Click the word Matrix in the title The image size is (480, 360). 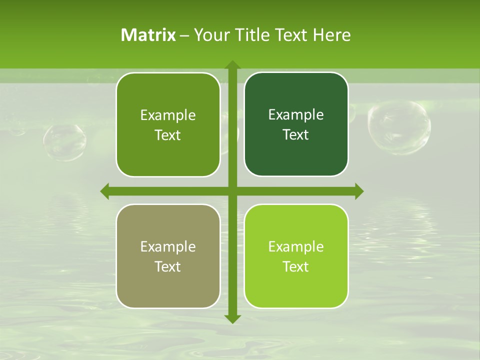point(148,35)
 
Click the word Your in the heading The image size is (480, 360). point(210,35)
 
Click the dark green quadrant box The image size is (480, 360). point(296,124)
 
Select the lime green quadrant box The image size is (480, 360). point(296,256)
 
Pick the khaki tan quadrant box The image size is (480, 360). point(168,256)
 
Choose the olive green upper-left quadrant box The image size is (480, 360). point(168,124)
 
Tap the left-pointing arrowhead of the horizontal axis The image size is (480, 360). point(105,191)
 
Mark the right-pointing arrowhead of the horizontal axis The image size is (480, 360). point(359,191)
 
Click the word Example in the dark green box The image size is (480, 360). point(296,115)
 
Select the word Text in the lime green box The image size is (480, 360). point(296,266)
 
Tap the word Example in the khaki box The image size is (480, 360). point(168,246)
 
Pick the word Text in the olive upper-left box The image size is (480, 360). point(168,135)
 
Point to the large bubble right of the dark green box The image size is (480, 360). point(399,127)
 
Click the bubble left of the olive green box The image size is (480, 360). point(64,142)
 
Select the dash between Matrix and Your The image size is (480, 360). point(184,35)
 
